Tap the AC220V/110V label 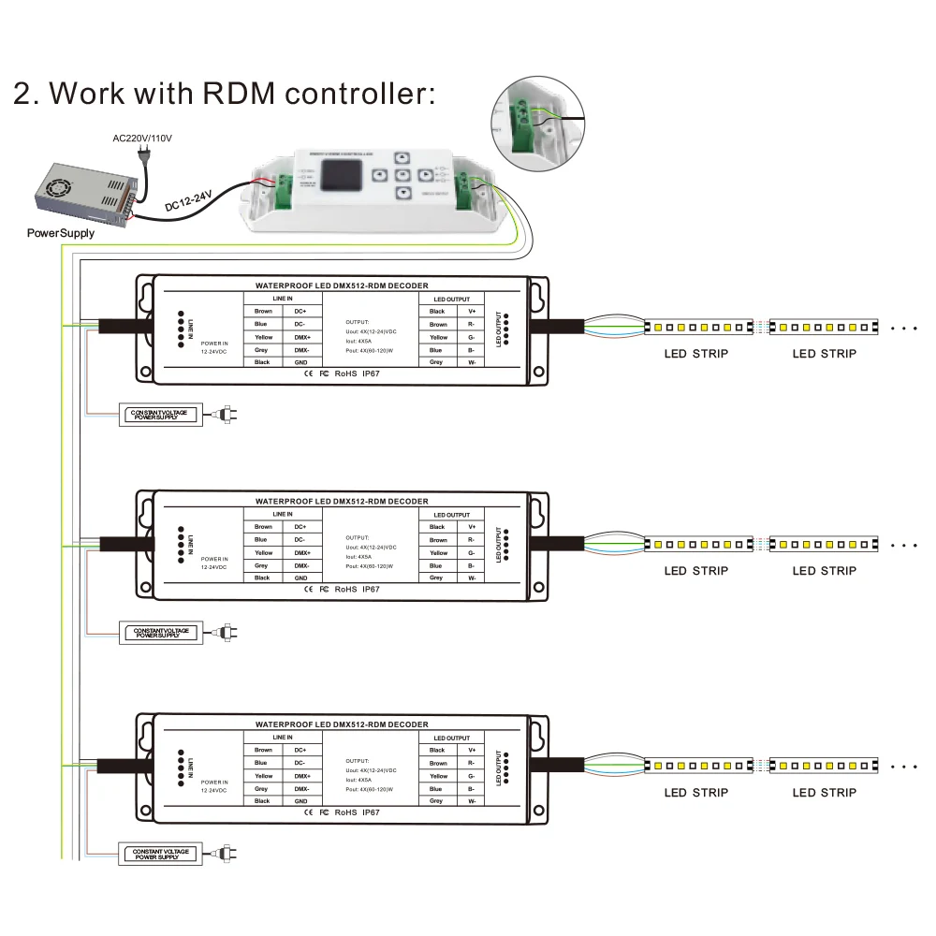(x=142, y=139)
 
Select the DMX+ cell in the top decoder (x=300, y=337)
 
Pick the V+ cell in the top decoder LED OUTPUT (x=472, y=311)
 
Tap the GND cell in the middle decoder (x=300, y=578)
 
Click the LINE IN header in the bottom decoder (x=283, y=738)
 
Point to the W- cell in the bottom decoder (x=472, y=801)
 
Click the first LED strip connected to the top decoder (x=698, y=328)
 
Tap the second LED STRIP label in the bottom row (x=824, y=793)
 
